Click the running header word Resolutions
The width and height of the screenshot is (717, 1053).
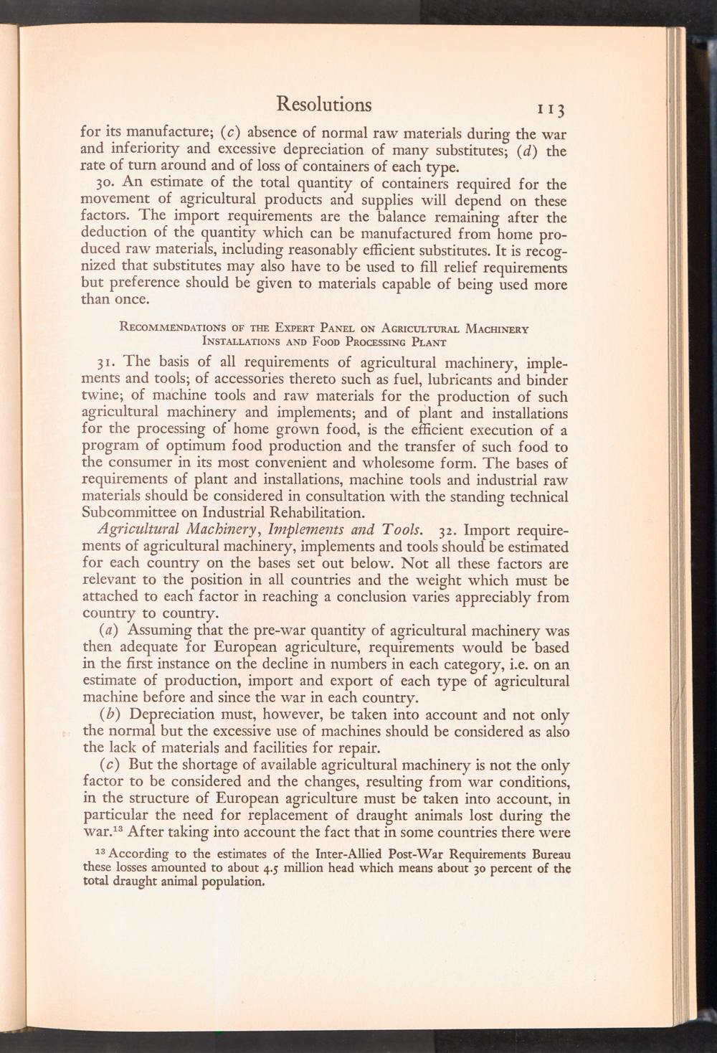(324, 105)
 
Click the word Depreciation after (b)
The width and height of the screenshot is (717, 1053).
(169, 715)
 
